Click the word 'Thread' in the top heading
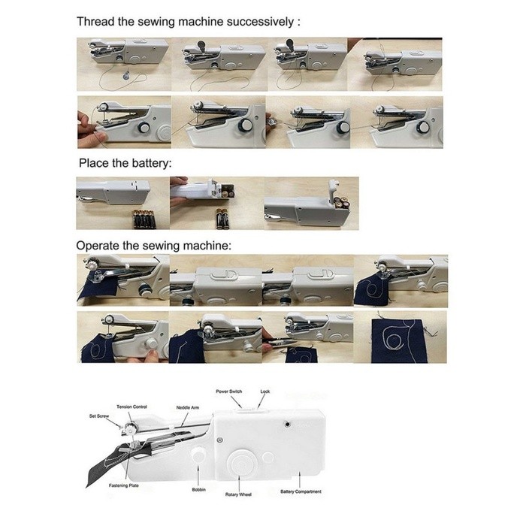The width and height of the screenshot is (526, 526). point(96,22)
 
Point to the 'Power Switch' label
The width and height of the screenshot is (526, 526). point(228,391)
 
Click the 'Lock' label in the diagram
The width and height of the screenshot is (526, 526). point(265,391)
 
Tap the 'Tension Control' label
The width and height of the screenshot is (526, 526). point(131,407)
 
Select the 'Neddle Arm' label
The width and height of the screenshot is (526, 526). point(188,407)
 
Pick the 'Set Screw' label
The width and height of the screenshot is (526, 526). point(99,416)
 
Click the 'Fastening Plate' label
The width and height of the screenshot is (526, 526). point(123,485)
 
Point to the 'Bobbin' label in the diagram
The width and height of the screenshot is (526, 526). point(198,490)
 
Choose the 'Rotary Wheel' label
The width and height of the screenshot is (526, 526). point(238,494)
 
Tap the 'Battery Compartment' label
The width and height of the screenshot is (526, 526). point(301,491)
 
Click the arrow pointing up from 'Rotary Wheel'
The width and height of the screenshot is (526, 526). point(239,483)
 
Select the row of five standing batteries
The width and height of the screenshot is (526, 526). point(144,219)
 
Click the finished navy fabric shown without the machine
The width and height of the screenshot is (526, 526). point(398,341)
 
